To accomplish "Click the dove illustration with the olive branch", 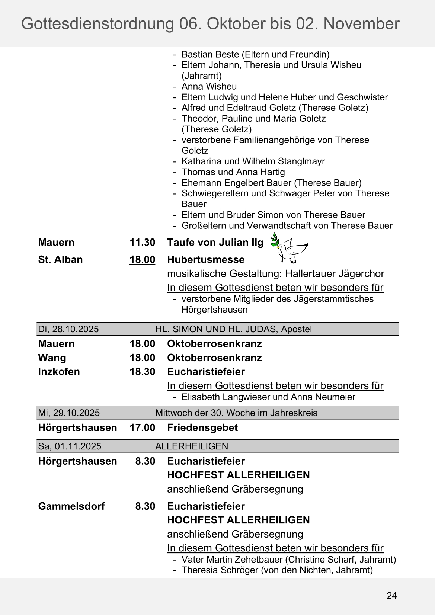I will (289, 248).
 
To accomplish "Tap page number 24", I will (391, 596).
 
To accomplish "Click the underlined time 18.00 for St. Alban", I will (142, 259).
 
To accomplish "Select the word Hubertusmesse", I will (206, 259).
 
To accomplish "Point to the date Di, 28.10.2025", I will (68, 329).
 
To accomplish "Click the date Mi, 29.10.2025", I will (69, 413).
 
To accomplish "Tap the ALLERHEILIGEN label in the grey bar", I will (192, 446).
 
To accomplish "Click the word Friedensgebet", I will (202, 427).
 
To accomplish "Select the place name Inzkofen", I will (59, 372).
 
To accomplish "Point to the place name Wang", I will (52, 358).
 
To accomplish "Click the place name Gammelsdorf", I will (71, 506).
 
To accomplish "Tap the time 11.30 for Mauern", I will (142, 242).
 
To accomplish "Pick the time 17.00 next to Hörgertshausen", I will (142, 427).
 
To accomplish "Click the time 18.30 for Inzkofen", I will (142, 372).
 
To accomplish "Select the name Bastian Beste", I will (210, 54).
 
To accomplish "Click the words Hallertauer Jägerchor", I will (335, 273).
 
